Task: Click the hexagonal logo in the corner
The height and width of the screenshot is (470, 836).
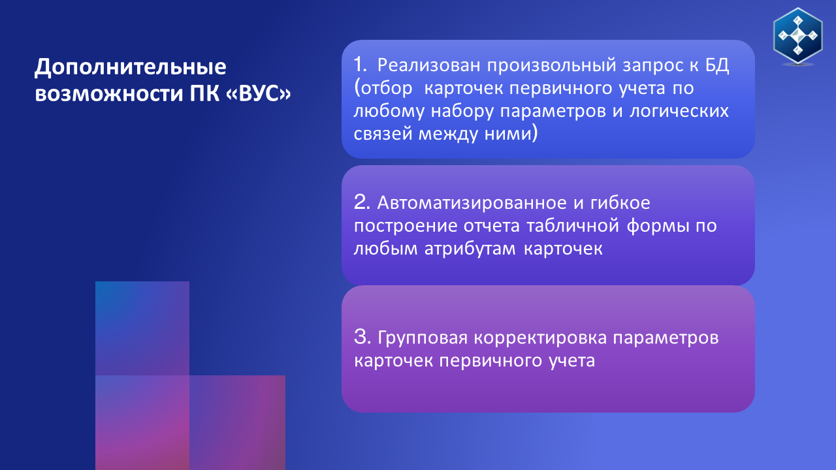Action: point(798,36)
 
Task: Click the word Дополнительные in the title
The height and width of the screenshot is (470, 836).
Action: point(130,67)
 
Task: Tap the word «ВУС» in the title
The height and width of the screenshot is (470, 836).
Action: point(258,93)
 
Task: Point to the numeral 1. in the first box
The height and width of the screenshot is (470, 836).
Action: point(360,65)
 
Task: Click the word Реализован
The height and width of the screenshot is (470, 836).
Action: point(429,65)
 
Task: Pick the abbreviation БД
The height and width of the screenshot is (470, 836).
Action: point(717,66)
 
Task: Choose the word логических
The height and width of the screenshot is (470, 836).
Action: point(679,111)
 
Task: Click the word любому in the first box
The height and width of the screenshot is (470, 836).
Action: point(389,111)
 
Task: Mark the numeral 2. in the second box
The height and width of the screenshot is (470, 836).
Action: point(362,202)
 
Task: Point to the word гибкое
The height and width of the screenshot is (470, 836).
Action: point(620,202)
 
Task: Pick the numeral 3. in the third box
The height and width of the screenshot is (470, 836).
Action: point(362,337)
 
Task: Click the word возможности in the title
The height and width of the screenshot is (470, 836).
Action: point(109,94)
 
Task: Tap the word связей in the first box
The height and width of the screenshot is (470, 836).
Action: point(383,134)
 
